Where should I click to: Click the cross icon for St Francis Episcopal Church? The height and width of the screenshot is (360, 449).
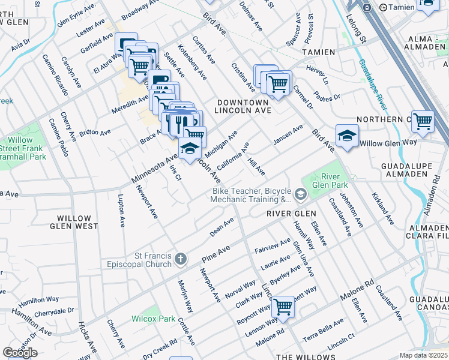[180, 259]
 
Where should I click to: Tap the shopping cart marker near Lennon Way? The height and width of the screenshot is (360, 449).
[283, 307]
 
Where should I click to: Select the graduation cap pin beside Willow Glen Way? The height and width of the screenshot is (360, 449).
[347, 136]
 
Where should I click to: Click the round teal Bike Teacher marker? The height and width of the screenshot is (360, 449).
[301, 194]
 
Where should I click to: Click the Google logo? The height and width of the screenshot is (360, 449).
[20, 353]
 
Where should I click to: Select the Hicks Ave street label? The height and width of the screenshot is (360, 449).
[87, 337]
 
